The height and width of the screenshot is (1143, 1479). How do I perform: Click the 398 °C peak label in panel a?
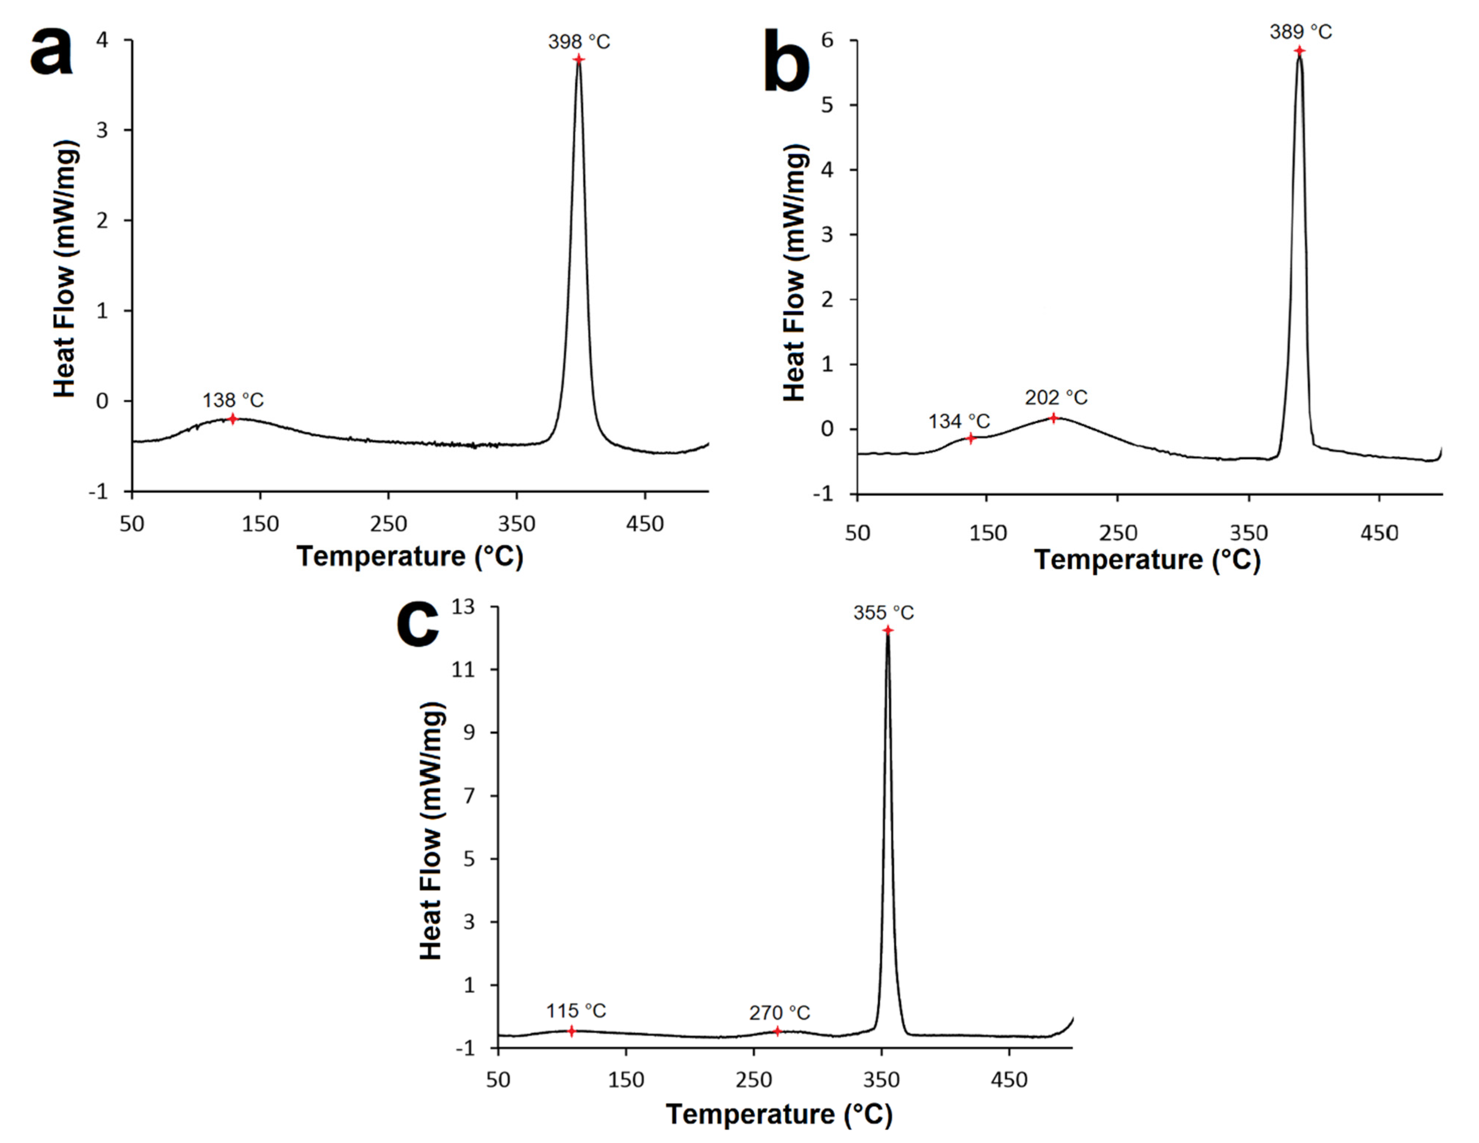tap(579, 42)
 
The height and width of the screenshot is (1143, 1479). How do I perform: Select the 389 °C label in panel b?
tap(1300, 32)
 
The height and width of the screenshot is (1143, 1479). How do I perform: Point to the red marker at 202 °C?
tap(1054, 418)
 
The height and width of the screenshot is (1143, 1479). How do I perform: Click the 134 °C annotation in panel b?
tap(959, 421)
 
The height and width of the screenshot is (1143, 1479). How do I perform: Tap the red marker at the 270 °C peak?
tap(778, 1031)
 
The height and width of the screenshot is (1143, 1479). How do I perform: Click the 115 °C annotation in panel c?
tap(576, 1011)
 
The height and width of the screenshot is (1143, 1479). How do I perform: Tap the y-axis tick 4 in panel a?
tap(102, 40)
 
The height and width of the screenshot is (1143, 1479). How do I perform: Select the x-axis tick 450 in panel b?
tap(1379, 533)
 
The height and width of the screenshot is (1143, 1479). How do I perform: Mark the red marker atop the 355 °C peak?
tap(887, 630)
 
